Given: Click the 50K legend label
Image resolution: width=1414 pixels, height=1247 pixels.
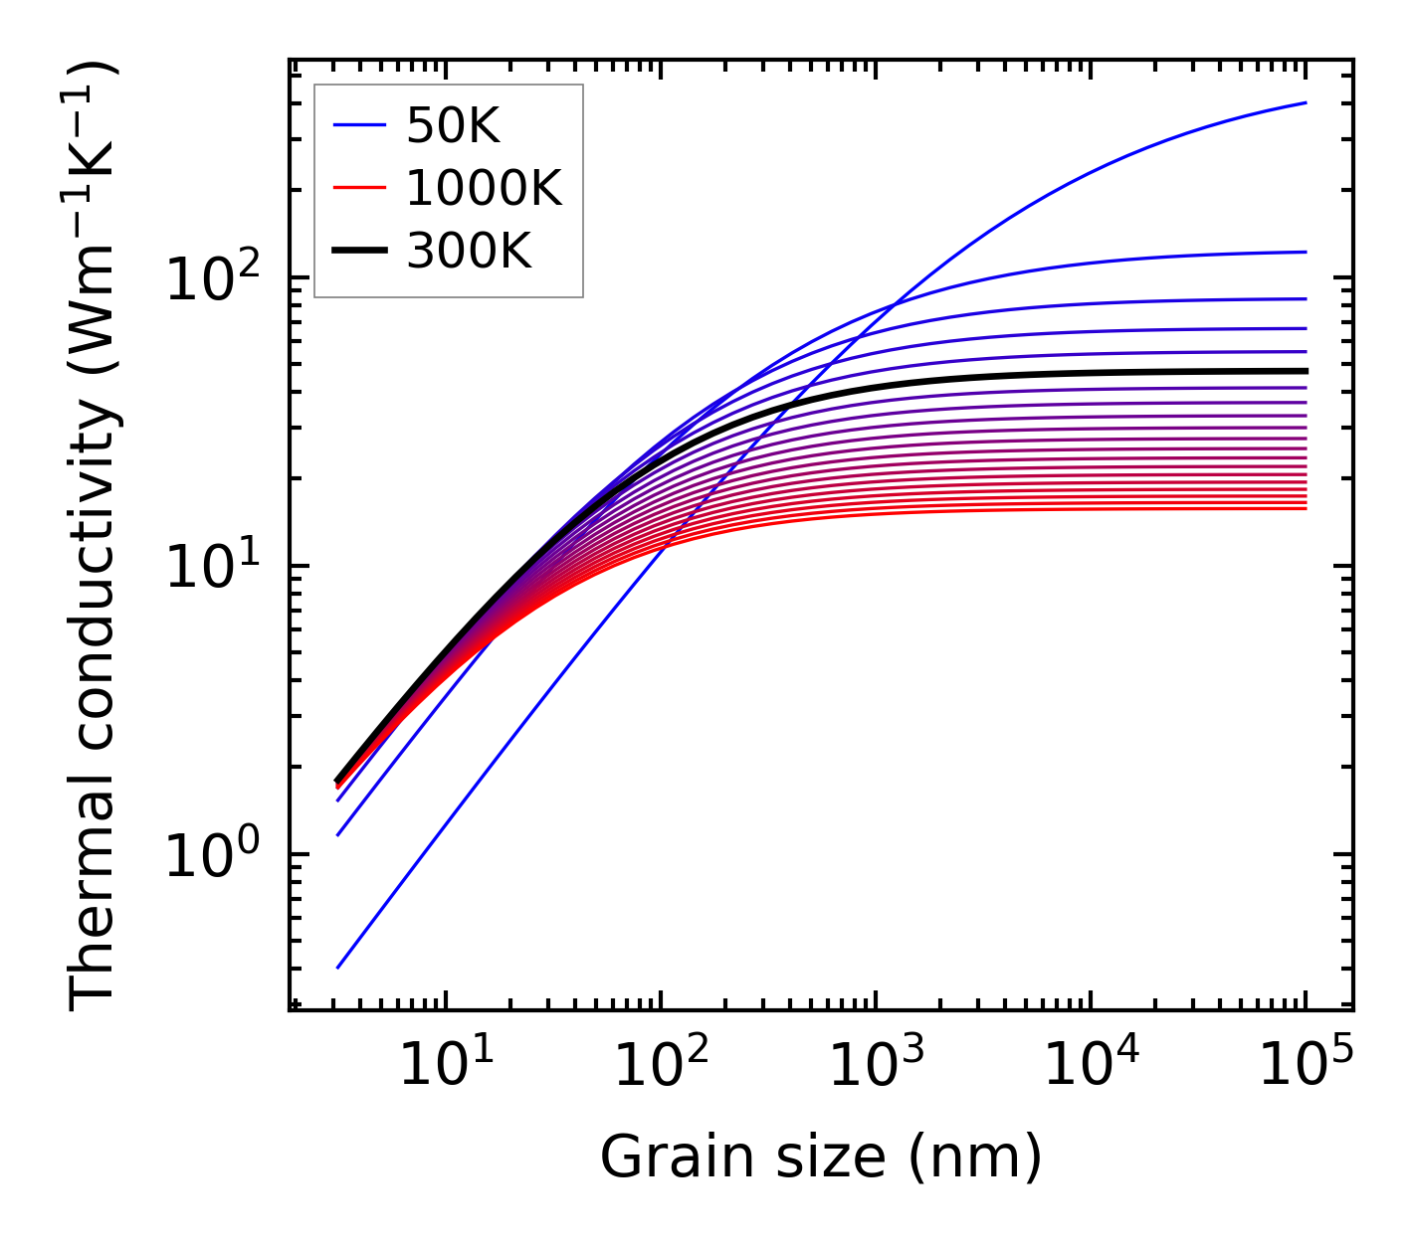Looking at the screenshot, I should (x=453, y=125).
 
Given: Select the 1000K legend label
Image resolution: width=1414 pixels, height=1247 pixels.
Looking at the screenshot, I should (x=484, y=188).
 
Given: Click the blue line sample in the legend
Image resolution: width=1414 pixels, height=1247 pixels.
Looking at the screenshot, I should (x=359, y=125).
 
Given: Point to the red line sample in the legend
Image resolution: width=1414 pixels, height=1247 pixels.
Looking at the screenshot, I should (x=359, y=188).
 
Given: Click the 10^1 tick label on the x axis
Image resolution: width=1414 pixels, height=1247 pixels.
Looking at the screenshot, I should (x=445, y=1065).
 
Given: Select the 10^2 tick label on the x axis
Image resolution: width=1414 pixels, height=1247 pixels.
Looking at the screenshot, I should (x=660, y=1065).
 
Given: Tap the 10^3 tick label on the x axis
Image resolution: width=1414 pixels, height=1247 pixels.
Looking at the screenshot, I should (x=875, y=1065).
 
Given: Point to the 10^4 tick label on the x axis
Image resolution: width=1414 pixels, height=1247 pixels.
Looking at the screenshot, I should (x=1090, y=1065).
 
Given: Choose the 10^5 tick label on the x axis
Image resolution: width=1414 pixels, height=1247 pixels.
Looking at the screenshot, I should (x=1305, y=1065).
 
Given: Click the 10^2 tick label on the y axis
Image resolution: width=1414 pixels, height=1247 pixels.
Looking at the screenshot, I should (x=212, y=279).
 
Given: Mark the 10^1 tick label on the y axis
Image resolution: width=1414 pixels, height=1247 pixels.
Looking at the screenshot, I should (x=212, y=568).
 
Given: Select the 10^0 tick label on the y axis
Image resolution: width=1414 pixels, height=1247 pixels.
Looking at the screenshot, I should (x=212, y=855).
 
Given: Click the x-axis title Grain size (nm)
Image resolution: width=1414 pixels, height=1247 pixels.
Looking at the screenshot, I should (x=821, y=1158).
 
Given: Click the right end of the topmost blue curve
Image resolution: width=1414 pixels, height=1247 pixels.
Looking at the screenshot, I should (x=1306, y=102).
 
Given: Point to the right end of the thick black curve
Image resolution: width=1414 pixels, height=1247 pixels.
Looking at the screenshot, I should (x=1306, y=371).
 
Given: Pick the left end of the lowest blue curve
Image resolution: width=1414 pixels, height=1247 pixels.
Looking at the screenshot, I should (x=338, y=968).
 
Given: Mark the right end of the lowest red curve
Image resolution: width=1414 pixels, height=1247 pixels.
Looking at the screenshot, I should (x=1306, y=509).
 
